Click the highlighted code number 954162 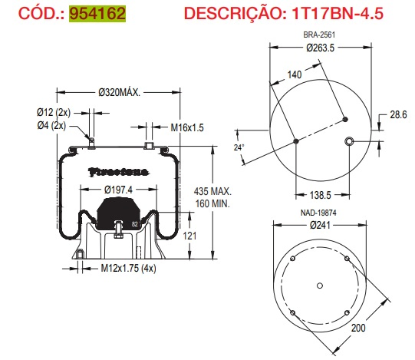coord(97,15)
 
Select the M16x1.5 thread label coord(187,127)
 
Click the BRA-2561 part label coord(321,35)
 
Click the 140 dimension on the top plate coord(293,74)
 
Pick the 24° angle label coord(238,147)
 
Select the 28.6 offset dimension coord(397,114)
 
